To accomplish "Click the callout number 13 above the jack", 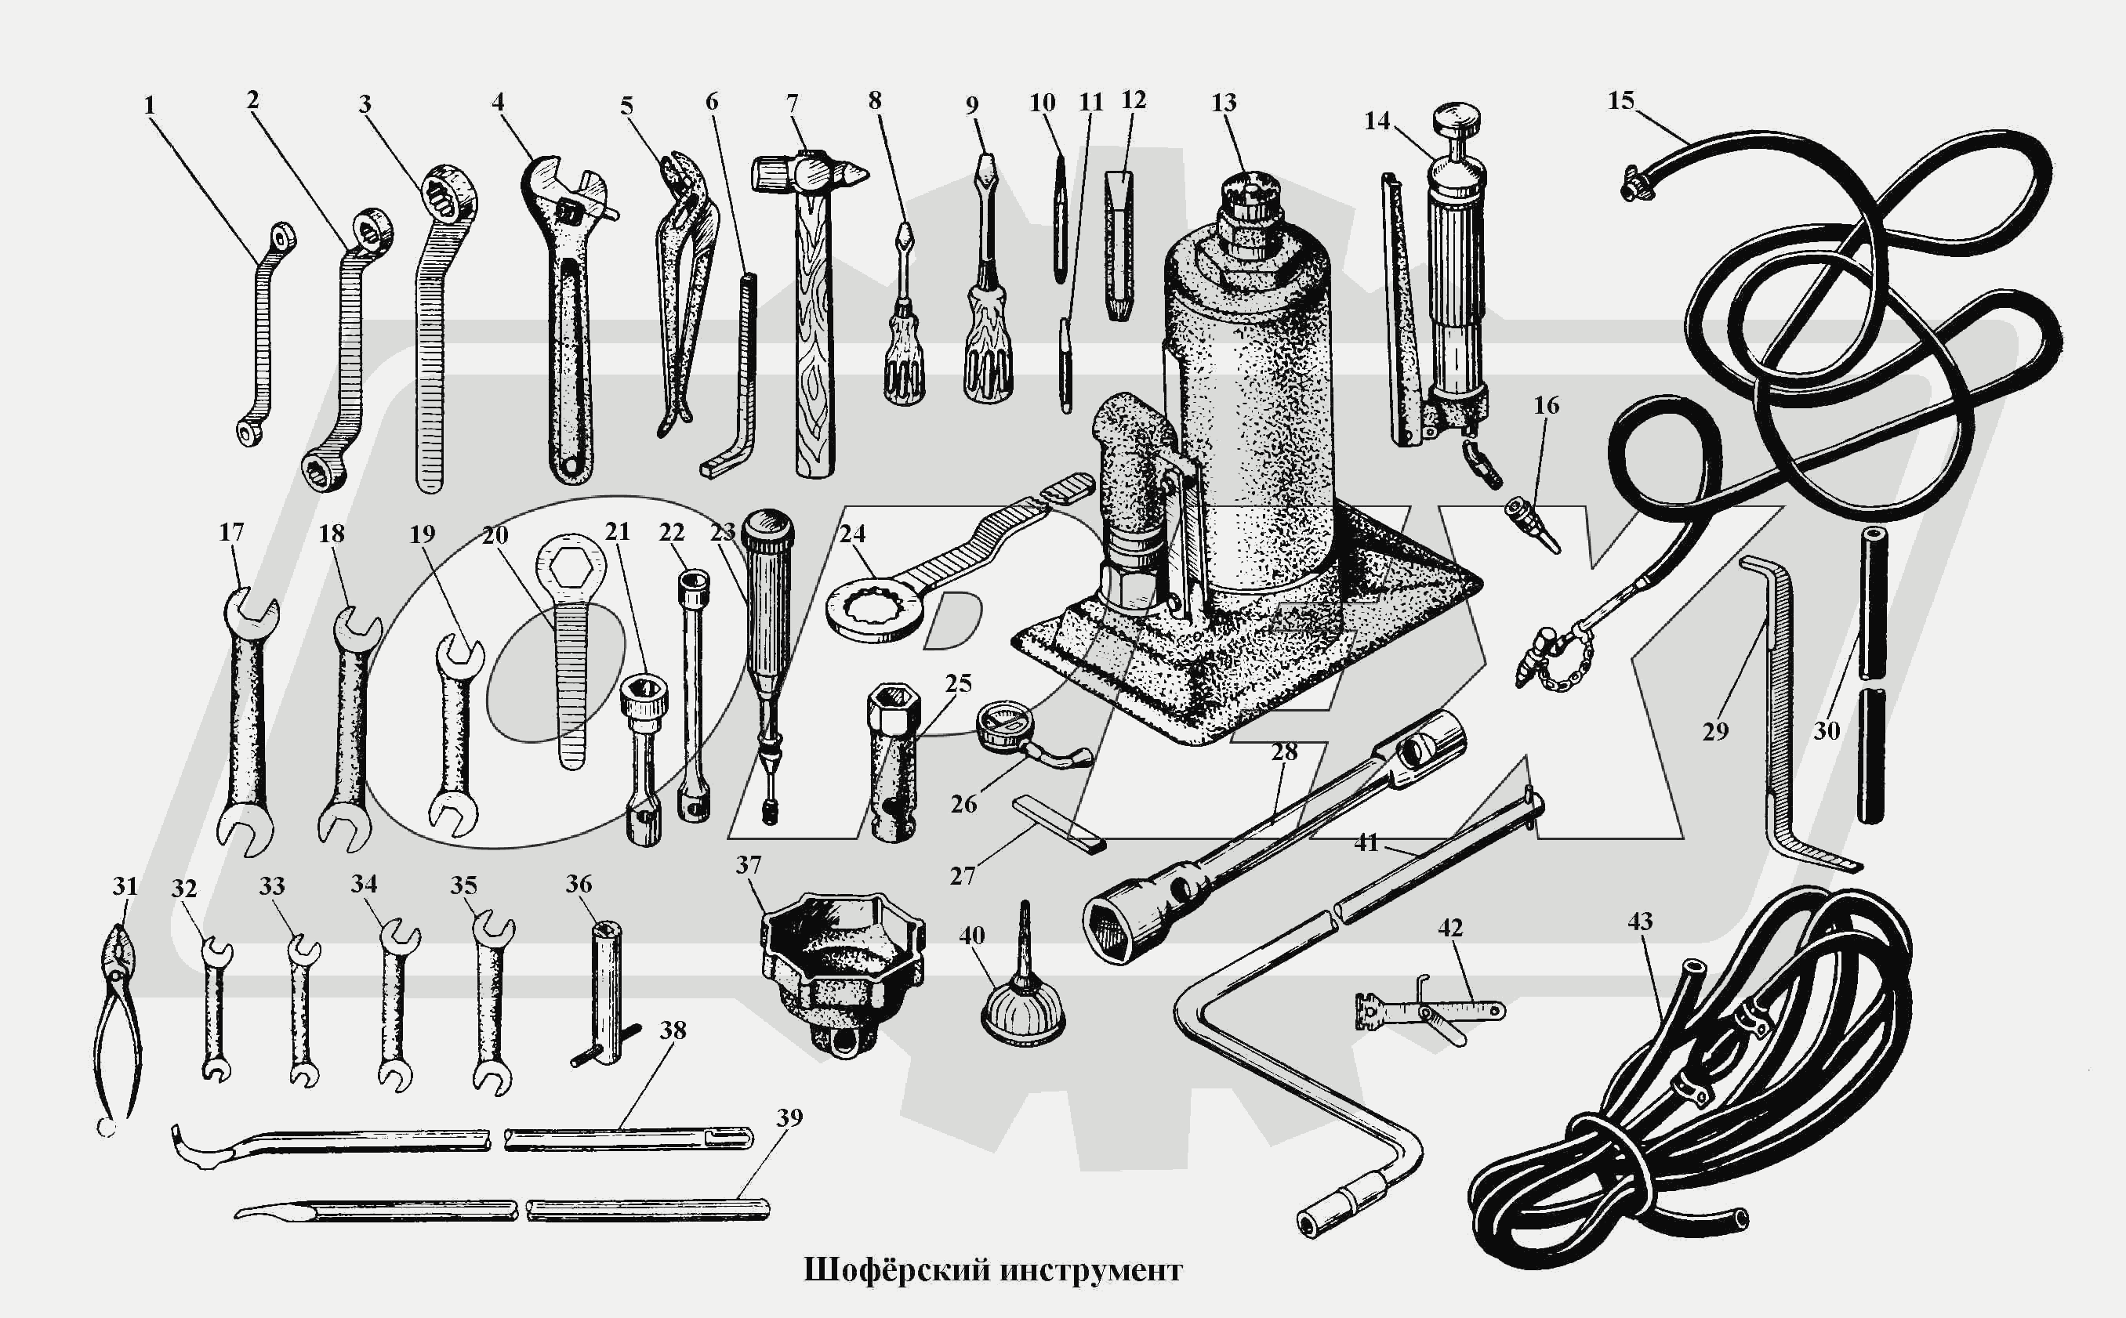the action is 1224,103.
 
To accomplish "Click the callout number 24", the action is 852,534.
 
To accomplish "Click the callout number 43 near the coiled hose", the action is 1639,922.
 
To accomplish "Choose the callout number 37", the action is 748,865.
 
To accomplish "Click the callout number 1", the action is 149,106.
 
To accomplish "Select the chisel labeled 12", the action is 1120,246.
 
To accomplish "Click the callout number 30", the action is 1826,730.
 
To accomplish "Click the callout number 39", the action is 789,1117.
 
